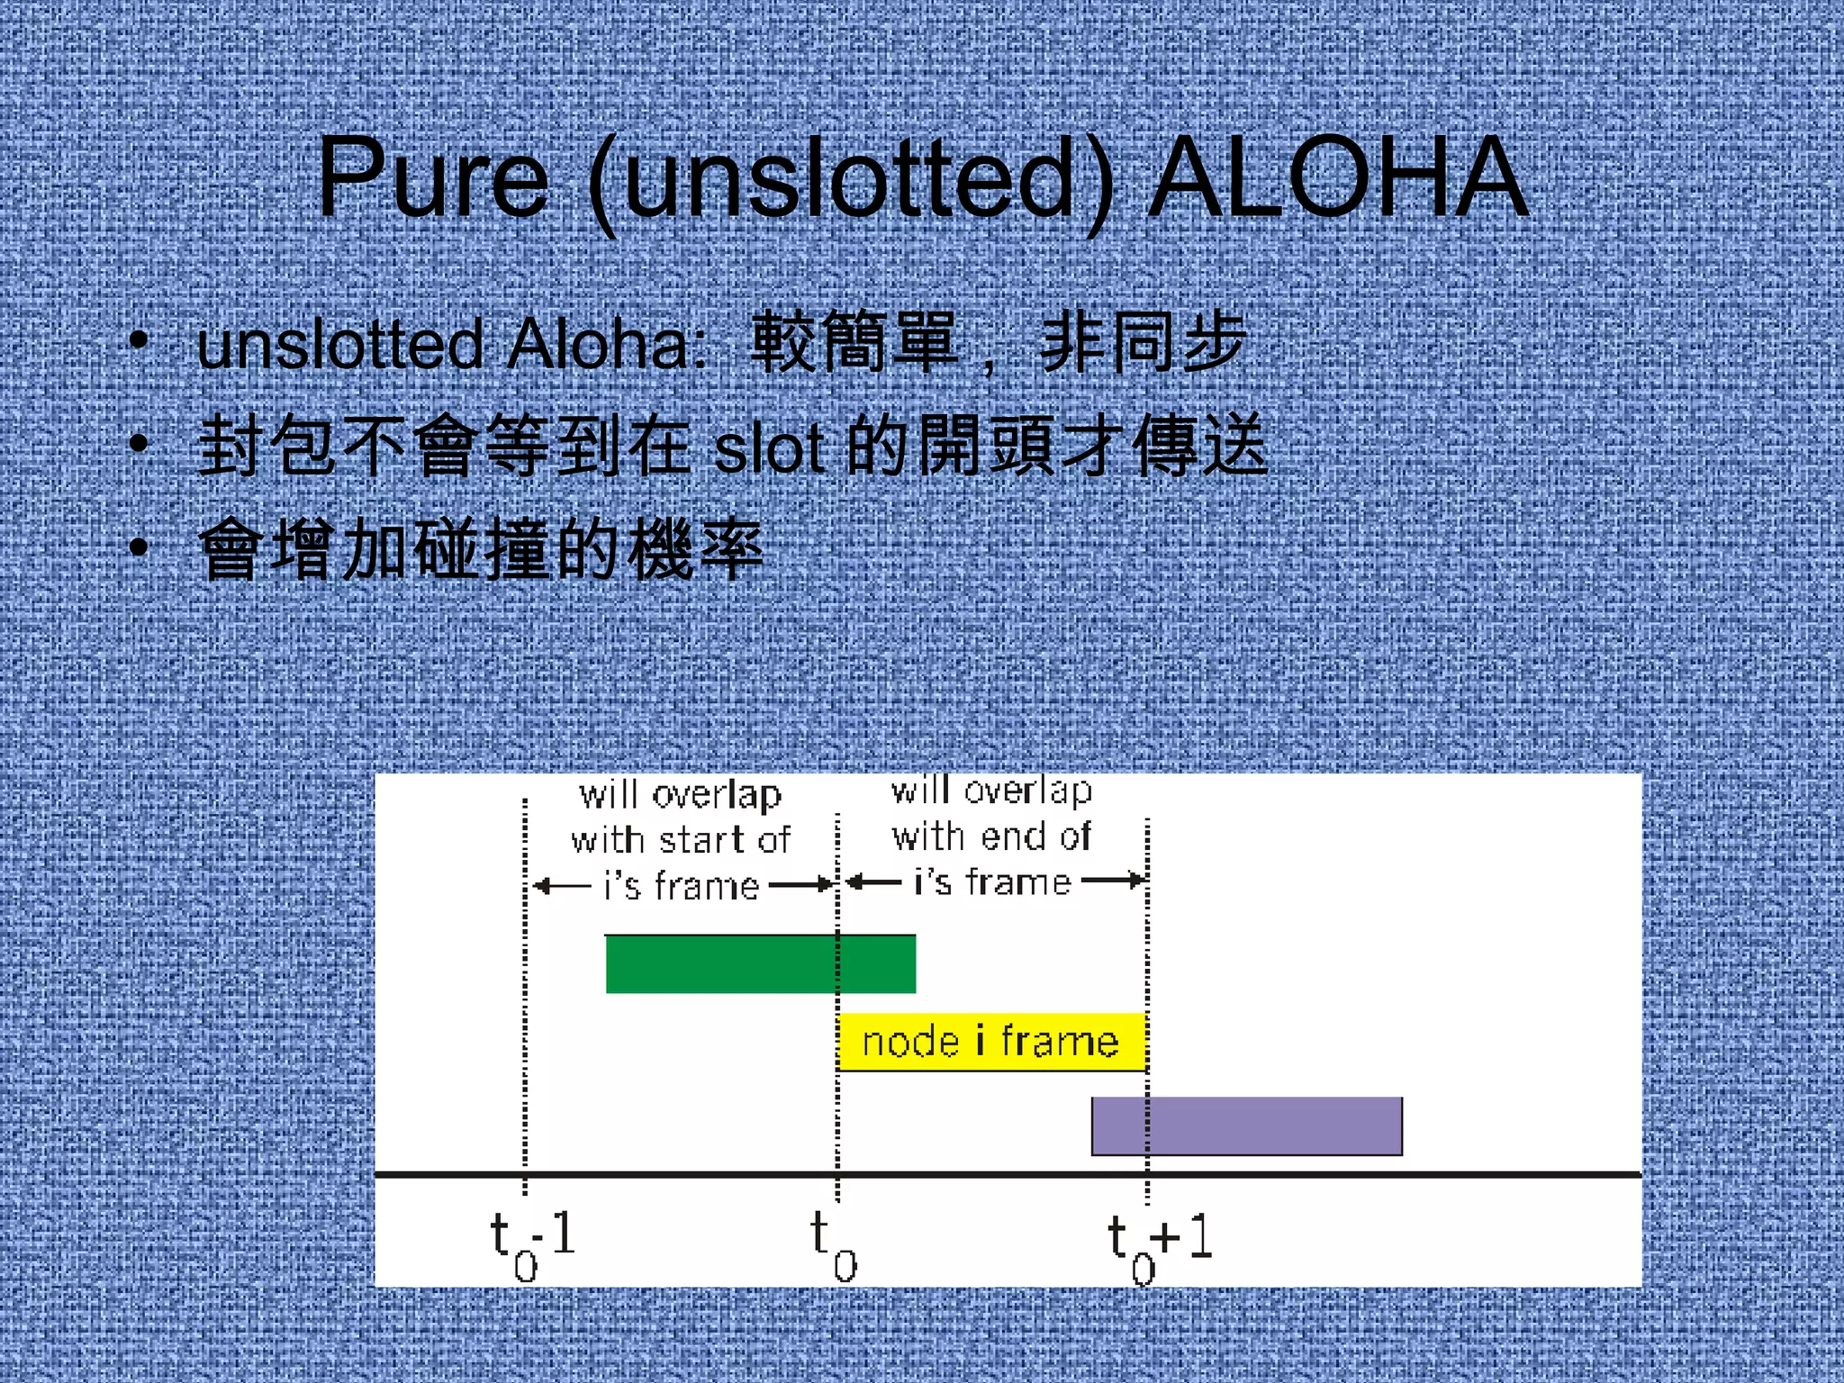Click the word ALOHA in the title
click(1339, 178)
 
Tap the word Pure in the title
click(432, 178)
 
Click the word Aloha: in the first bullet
click(608, 345)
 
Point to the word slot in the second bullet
click(770, 448)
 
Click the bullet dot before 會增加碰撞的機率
click(138, 547)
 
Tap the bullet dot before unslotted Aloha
click(138, 340)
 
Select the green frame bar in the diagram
click(761, 964)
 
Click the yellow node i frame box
click(991, 1042)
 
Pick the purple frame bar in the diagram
click(1247, 1126)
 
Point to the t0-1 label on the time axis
click(532, 1243)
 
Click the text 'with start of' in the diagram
click(682, 840)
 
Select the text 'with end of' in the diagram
click(991, 836)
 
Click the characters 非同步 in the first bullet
click(1142, 343)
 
